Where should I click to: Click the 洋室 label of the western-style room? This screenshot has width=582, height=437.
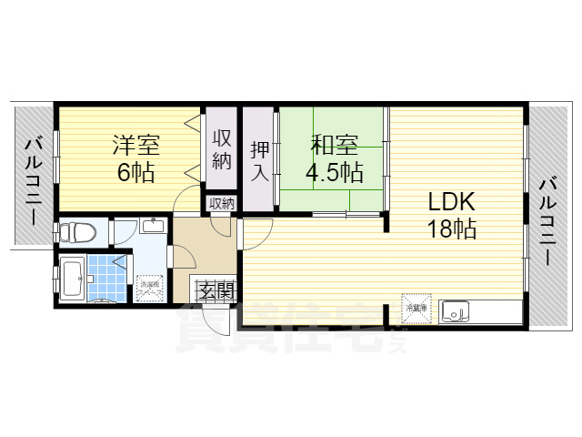click(136, 144)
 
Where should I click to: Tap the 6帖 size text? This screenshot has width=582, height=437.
click(136, 171)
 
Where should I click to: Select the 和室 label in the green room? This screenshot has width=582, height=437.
click(334, 144)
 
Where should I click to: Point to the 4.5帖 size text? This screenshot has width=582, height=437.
click(334, 171)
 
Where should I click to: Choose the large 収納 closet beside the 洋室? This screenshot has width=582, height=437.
click(221, 148)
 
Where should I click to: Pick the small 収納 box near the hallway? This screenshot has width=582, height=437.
click(221, 203)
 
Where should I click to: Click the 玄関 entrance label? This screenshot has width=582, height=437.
click(216, 292)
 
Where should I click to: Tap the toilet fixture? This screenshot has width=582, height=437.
click(76, 232)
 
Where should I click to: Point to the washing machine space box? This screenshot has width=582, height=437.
click(148, 289)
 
